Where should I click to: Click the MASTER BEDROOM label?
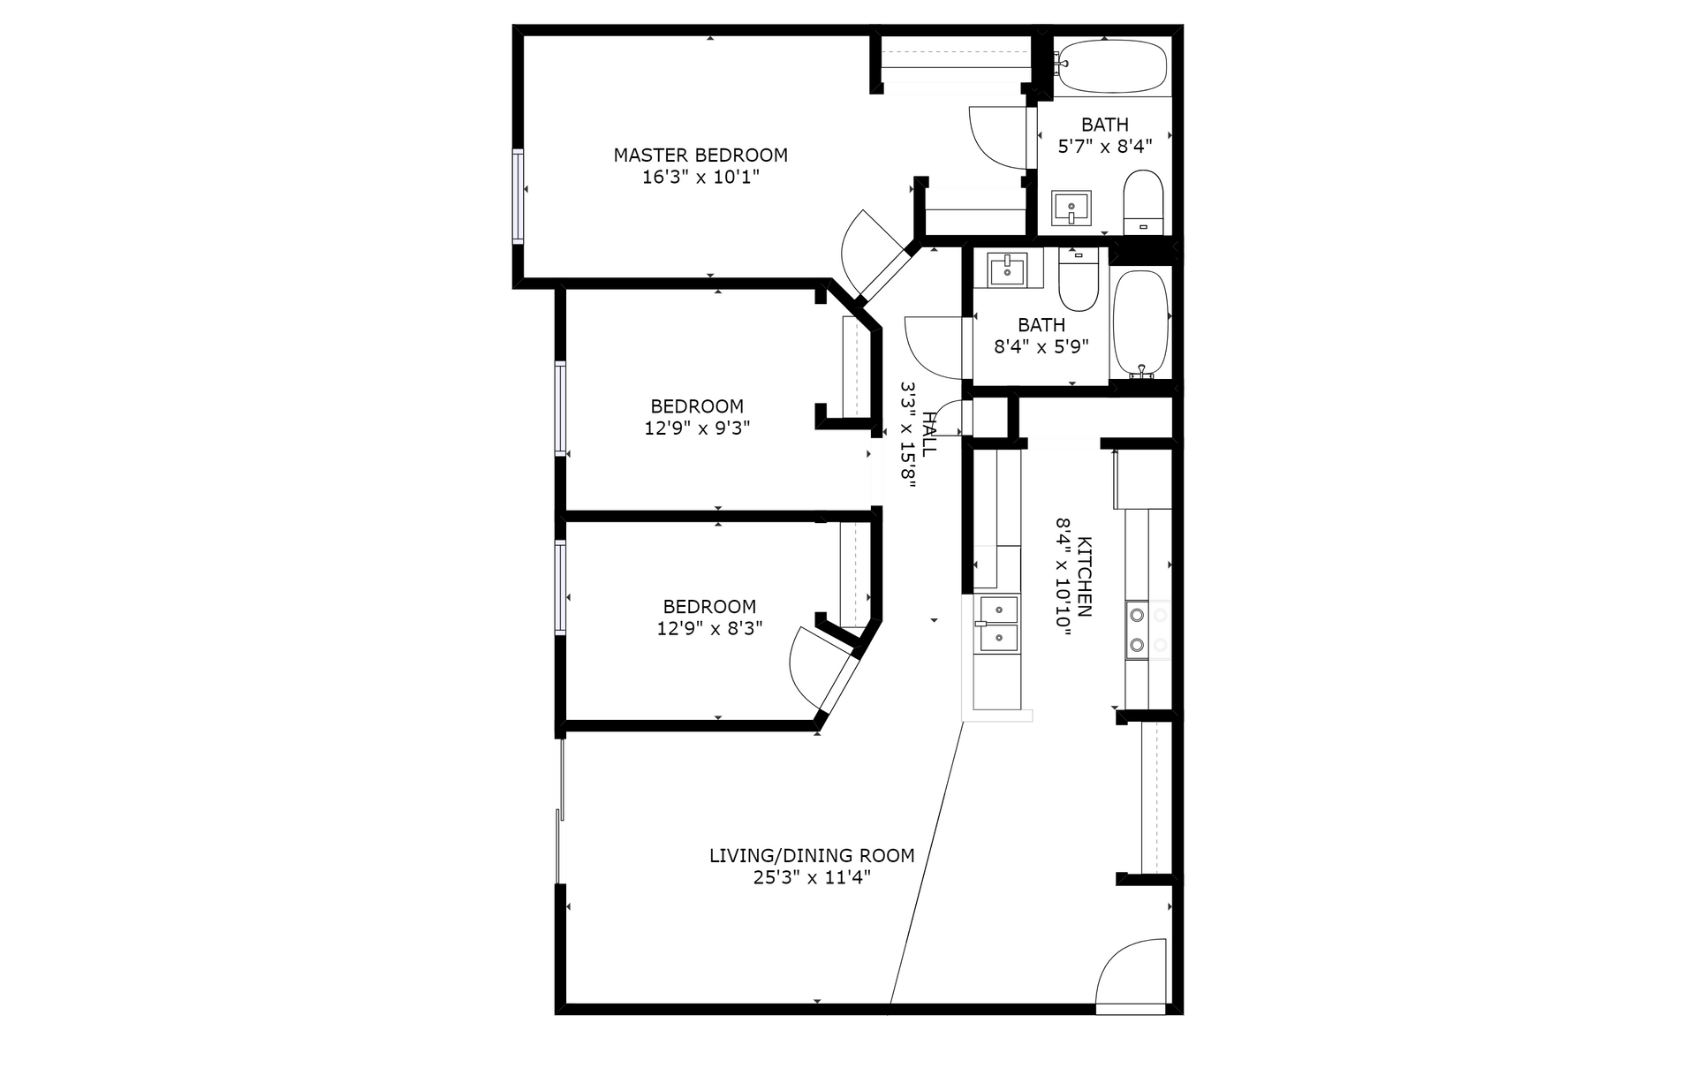(x=700, y=155)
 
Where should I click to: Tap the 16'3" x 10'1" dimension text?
(x=700, y=178)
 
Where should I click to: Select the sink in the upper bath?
(x=1071, y=208)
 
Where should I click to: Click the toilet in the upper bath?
(x=1144, y=202)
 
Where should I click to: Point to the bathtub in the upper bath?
(x=1112, y=65)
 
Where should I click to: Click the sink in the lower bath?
(x=1008, y=269)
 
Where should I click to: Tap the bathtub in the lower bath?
(x=1140, y=324)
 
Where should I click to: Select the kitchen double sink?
(x=997, y=624)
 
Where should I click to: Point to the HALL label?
(x=928, y=434)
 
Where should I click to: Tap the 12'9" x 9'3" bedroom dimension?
(x=698, y=428)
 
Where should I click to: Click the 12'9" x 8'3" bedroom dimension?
(x=709, y=628)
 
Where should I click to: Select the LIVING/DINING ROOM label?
(x=812, y=855)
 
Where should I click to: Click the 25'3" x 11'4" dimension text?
(x=812, y=877)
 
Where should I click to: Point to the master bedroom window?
(x=518, y=196)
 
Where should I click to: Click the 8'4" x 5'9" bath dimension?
(x=1041, y=347)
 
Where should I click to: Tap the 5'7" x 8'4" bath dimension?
(x=1105, y=147)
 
